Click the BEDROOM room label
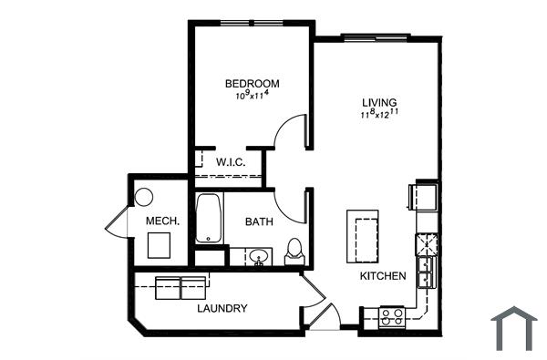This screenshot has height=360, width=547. point(253,84)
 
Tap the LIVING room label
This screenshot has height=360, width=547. point(380,102)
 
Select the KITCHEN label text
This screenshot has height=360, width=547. point(382,275)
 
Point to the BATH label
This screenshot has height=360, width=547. point(259,221)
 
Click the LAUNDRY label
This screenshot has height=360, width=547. point(222,308)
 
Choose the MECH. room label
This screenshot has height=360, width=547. point(162,221)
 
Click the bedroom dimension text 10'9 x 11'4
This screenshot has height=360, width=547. point(253,96)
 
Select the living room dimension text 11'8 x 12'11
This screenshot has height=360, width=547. point(381,115)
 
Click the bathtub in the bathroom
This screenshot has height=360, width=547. point(208,219)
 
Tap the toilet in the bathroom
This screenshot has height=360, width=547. point(294,249)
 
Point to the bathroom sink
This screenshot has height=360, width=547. point(259,256)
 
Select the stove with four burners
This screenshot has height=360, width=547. point(392,317)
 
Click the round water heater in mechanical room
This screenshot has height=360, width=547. point(144,197)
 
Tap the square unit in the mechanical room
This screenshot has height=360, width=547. point(160,245)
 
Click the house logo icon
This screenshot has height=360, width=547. point(515,328)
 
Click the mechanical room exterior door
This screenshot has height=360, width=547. point(118,223)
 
